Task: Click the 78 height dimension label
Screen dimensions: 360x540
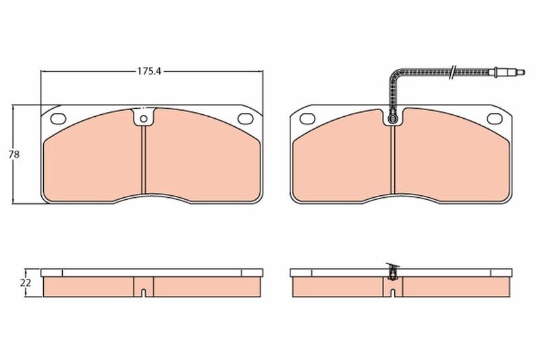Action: coord(13,154)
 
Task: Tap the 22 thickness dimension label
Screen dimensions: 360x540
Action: coord(26,282)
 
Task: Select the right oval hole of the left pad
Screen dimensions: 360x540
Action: coord(247,119)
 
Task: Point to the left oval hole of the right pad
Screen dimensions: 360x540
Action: coord(305,120)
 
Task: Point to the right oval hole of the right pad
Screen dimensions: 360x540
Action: coord(495,120)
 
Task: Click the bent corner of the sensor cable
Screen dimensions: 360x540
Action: coord(396,74)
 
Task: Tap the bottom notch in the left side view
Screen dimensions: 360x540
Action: coord(144,292)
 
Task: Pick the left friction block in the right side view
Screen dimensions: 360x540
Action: coord(337,287)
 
